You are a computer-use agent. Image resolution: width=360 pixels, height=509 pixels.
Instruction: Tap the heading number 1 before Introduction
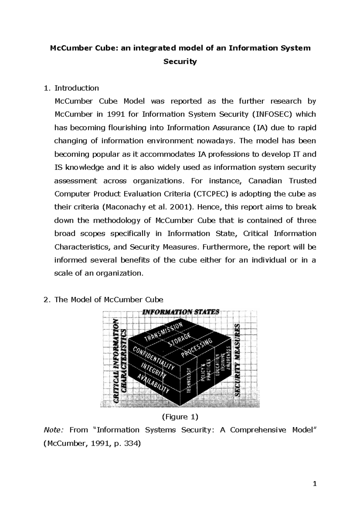46,88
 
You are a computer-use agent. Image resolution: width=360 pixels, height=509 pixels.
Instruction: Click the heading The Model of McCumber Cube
109,299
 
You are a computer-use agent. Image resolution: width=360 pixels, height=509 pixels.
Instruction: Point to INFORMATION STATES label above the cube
181,312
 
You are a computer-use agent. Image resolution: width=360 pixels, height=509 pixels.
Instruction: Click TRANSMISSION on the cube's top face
163,332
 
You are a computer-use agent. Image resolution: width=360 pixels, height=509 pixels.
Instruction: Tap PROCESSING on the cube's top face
196,349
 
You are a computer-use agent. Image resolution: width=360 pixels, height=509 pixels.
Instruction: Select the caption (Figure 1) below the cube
180,417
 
